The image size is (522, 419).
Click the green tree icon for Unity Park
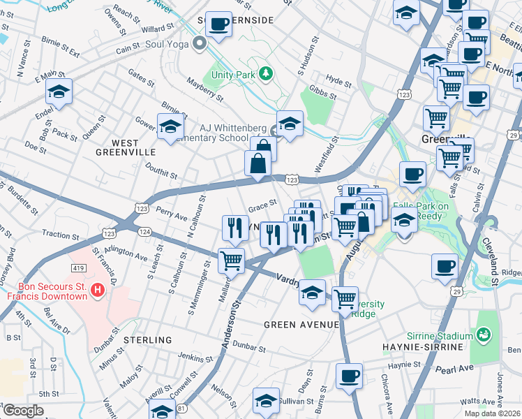265,73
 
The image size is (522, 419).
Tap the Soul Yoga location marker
200,44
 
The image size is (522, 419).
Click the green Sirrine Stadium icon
483,336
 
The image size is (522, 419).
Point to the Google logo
24,411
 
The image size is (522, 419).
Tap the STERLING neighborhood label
147,340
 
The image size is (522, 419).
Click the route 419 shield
79,267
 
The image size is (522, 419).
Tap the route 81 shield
181,406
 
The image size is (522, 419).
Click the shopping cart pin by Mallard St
231,261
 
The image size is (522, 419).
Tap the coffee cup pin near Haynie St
350,376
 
